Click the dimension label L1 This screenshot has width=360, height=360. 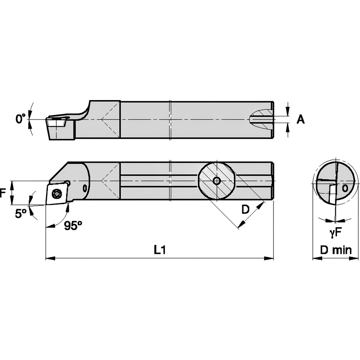click(159, 249)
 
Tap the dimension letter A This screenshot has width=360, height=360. click(300, 120)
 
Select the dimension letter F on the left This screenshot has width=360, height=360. click(3, 193)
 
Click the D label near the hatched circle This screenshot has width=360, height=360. click(245, 210)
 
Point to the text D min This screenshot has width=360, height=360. click(336, 250)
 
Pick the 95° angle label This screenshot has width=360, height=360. click(73, 225)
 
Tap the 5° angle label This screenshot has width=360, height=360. click(20, 214)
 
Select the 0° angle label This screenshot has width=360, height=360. click(21, 118)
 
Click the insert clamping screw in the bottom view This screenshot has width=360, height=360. click(57, 194)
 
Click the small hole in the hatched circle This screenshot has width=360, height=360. click(216, 181)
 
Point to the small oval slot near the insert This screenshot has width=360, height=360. click(85, 188)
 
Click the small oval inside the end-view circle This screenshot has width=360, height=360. click(345, 188)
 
